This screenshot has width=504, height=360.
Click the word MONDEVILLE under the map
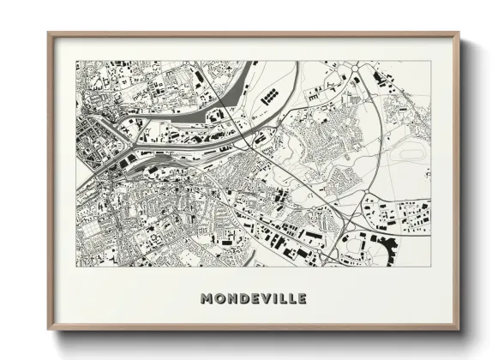pos(253,299)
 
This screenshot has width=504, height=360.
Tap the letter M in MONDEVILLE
pos(207,299)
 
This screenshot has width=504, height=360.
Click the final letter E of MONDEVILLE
pos(301,299)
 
